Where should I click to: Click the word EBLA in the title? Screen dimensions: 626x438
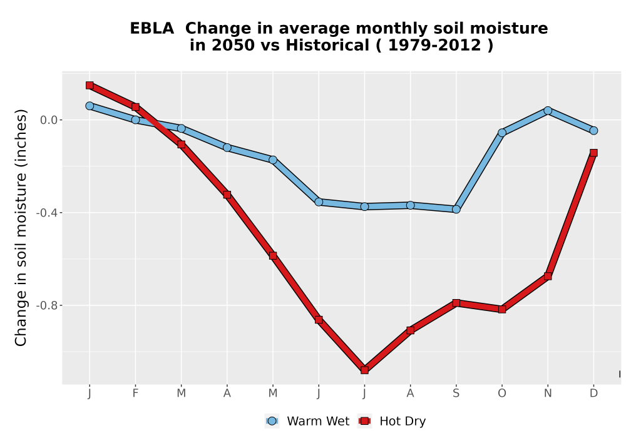[x=151, y=29]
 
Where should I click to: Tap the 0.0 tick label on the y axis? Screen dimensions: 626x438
[x=49, y=120]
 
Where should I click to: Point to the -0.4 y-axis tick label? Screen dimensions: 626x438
[x=47, y=213]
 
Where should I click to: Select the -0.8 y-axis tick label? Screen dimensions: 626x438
[x=47, y=305]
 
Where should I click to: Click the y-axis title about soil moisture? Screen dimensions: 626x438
[x=21, y=227]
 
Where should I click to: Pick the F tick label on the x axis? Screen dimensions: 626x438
[x=135, y=394]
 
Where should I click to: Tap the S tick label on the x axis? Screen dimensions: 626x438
[x=456, y=394]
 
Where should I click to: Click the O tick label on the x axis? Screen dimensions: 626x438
[x=502, y=394]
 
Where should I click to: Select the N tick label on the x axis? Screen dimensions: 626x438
[x=548, y=394]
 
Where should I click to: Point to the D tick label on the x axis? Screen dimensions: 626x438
[x=593, y=394]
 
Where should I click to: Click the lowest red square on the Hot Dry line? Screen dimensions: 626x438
[x=364, y=370]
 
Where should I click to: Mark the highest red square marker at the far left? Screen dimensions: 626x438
[x=90, y=85]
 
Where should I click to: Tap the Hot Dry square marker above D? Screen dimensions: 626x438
[x=593, y=153]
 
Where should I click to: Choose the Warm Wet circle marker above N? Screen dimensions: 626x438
[x=548, y=111]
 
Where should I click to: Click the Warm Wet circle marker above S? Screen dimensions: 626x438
[x=456, y=209]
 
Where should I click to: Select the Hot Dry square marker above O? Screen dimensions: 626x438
[x=502, y=309]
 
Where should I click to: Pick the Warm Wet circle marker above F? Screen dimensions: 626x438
[x=135, y=120]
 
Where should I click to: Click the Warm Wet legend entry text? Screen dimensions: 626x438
[x=318, y=421]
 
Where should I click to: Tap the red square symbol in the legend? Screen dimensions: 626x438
[x=364, y=421]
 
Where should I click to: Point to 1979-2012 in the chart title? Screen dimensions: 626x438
[x=434, y=46]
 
